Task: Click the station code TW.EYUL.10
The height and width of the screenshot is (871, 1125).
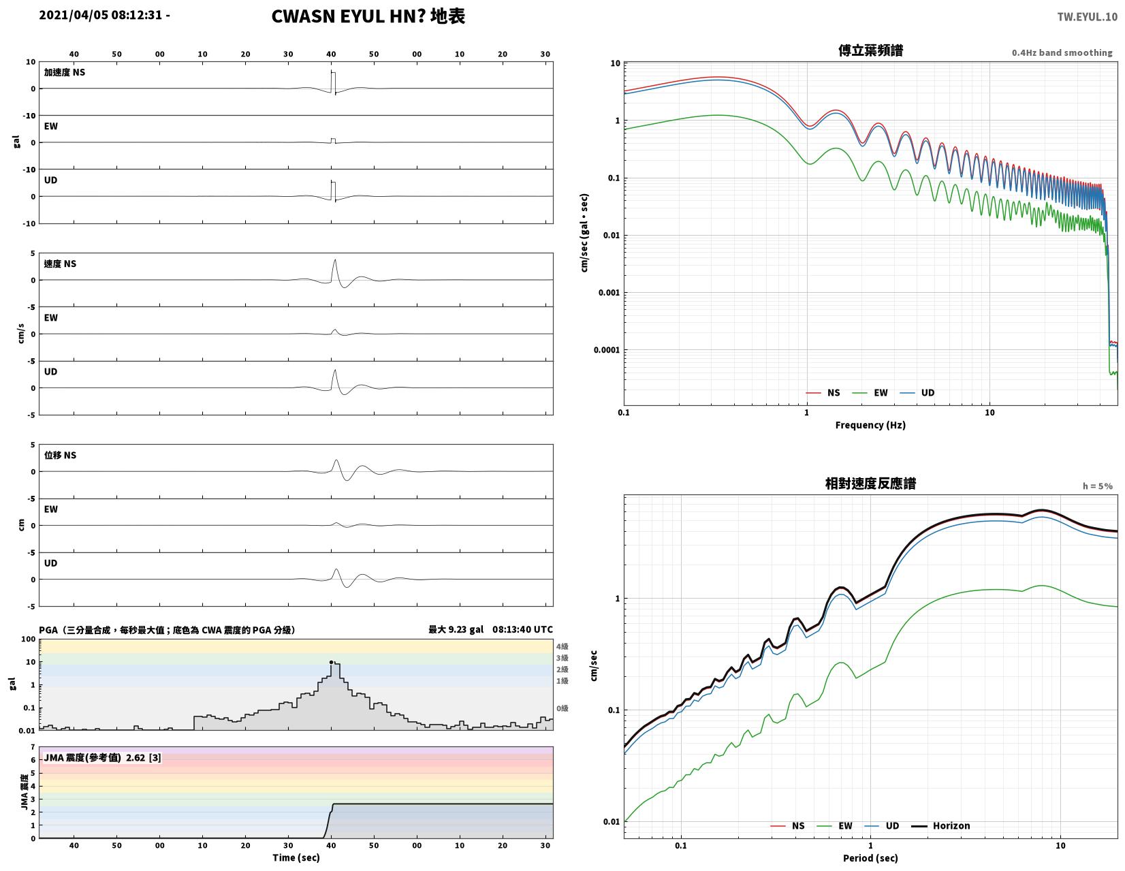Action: (1087, 17)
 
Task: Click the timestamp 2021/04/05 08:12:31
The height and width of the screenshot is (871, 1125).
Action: (100, 15)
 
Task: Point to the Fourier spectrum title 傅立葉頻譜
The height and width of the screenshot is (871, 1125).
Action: (870, 50)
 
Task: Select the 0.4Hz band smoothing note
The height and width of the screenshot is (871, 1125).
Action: (1061, 53)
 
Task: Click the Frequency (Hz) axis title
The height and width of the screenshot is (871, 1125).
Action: (870, 425)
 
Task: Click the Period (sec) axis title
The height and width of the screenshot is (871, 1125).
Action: (870, 857)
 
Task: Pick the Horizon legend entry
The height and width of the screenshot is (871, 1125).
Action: (940, 825)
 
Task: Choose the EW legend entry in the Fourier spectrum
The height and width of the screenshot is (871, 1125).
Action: (870, 393)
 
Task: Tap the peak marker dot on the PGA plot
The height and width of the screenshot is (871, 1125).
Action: (331, 662)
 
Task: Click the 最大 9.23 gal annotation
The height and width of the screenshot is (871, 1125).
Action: (456, 629)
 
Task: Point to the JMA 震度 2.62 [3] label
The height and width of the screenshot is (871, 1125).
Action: (102, 758)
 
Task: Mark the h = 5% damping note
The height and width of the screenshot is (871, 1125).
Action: (1097, 486)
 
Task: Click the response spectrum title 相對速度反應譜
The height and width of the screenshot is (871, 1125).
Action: (870, 484)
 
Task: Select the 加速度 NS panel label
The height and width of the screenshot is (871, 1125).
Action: (64, 72)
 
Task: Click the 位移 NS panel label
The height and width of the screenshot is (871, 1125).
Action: (60, 455)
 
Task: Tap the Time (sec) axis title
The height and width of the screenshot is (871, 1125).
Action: (296, 857)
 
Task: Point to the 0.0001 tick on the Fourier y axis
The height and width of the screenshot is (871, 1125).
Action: (606, 350)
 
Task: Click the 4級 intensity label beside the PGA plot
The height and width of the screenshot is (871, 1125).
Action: (562, 646)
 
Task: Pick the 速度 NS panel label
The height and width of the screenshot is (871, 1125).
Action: (60, 264)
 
